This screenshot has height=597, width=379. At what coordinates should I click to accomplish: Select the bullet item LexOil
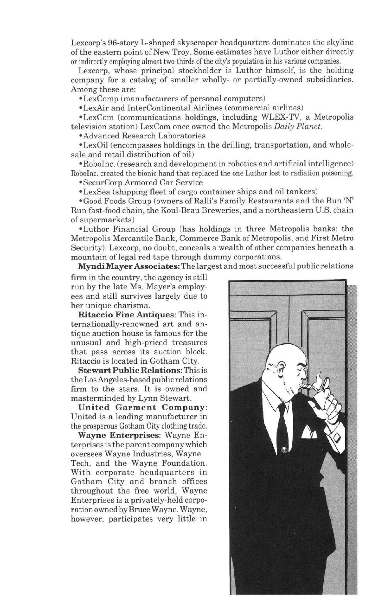92,145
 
